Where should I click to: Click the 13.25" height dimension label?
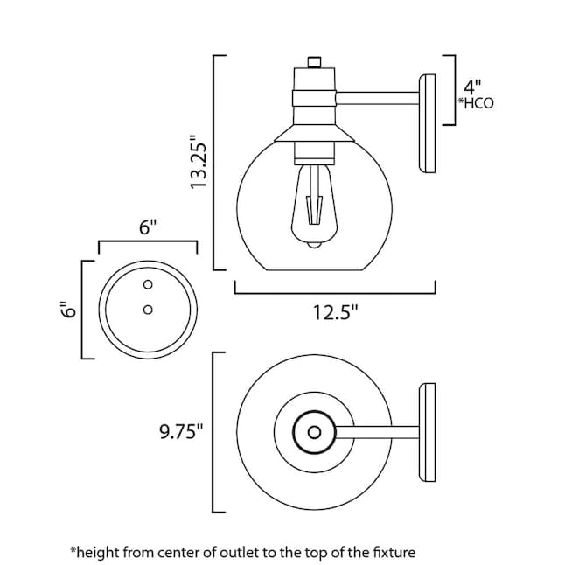[199, 161]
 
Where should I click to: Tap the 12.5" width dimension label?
[336, 312]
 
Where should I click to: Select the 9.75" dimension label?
[181, 431]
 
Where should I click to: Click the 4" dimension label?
[472, 87]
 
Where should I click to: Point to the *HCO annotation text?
[476, 103]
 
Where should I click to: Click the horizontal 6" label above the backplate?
[148, 227]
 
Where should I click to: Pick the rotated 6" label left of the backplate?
[68, 309]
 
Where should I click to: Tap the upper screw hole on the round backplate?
[148, 284]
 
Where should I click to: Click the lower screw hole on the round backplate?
[148, 310]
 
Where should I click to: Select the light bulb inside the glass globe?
[314, 206]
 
